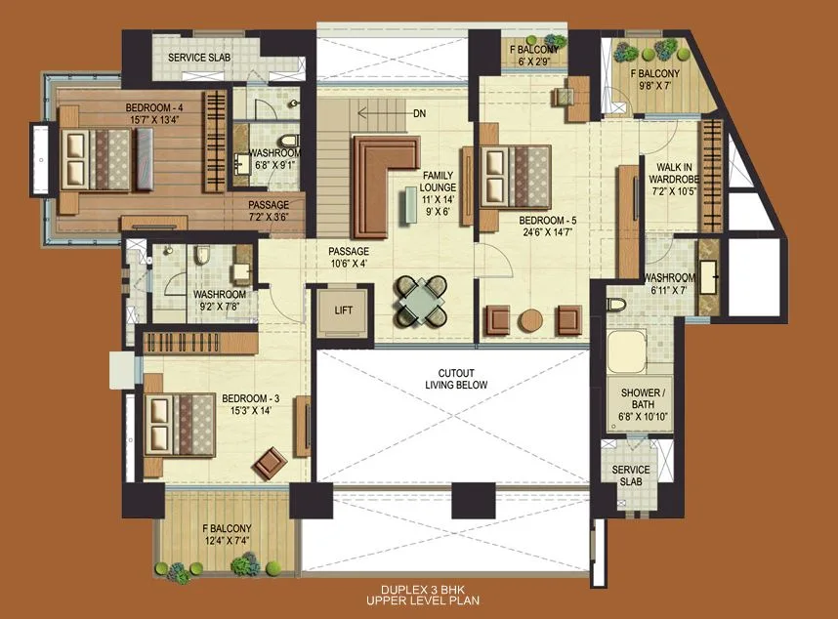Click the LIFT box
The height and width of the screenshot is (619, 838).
coord(341,312)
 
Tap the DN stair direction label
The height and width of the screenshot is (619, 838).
coord(419,114)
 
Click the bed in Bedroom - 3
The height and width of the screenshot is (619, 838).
coord(180,424)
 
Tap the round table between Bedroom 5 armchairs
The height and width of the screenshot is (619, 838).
coord(530,319)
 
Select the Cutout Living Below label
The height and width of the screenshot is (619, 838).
coord(455,379)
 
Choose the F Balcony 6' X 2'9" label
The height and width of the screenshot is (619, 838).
coord(533,55)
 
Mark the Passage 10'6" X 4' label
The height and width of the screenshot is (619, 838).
coord(349,257)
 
